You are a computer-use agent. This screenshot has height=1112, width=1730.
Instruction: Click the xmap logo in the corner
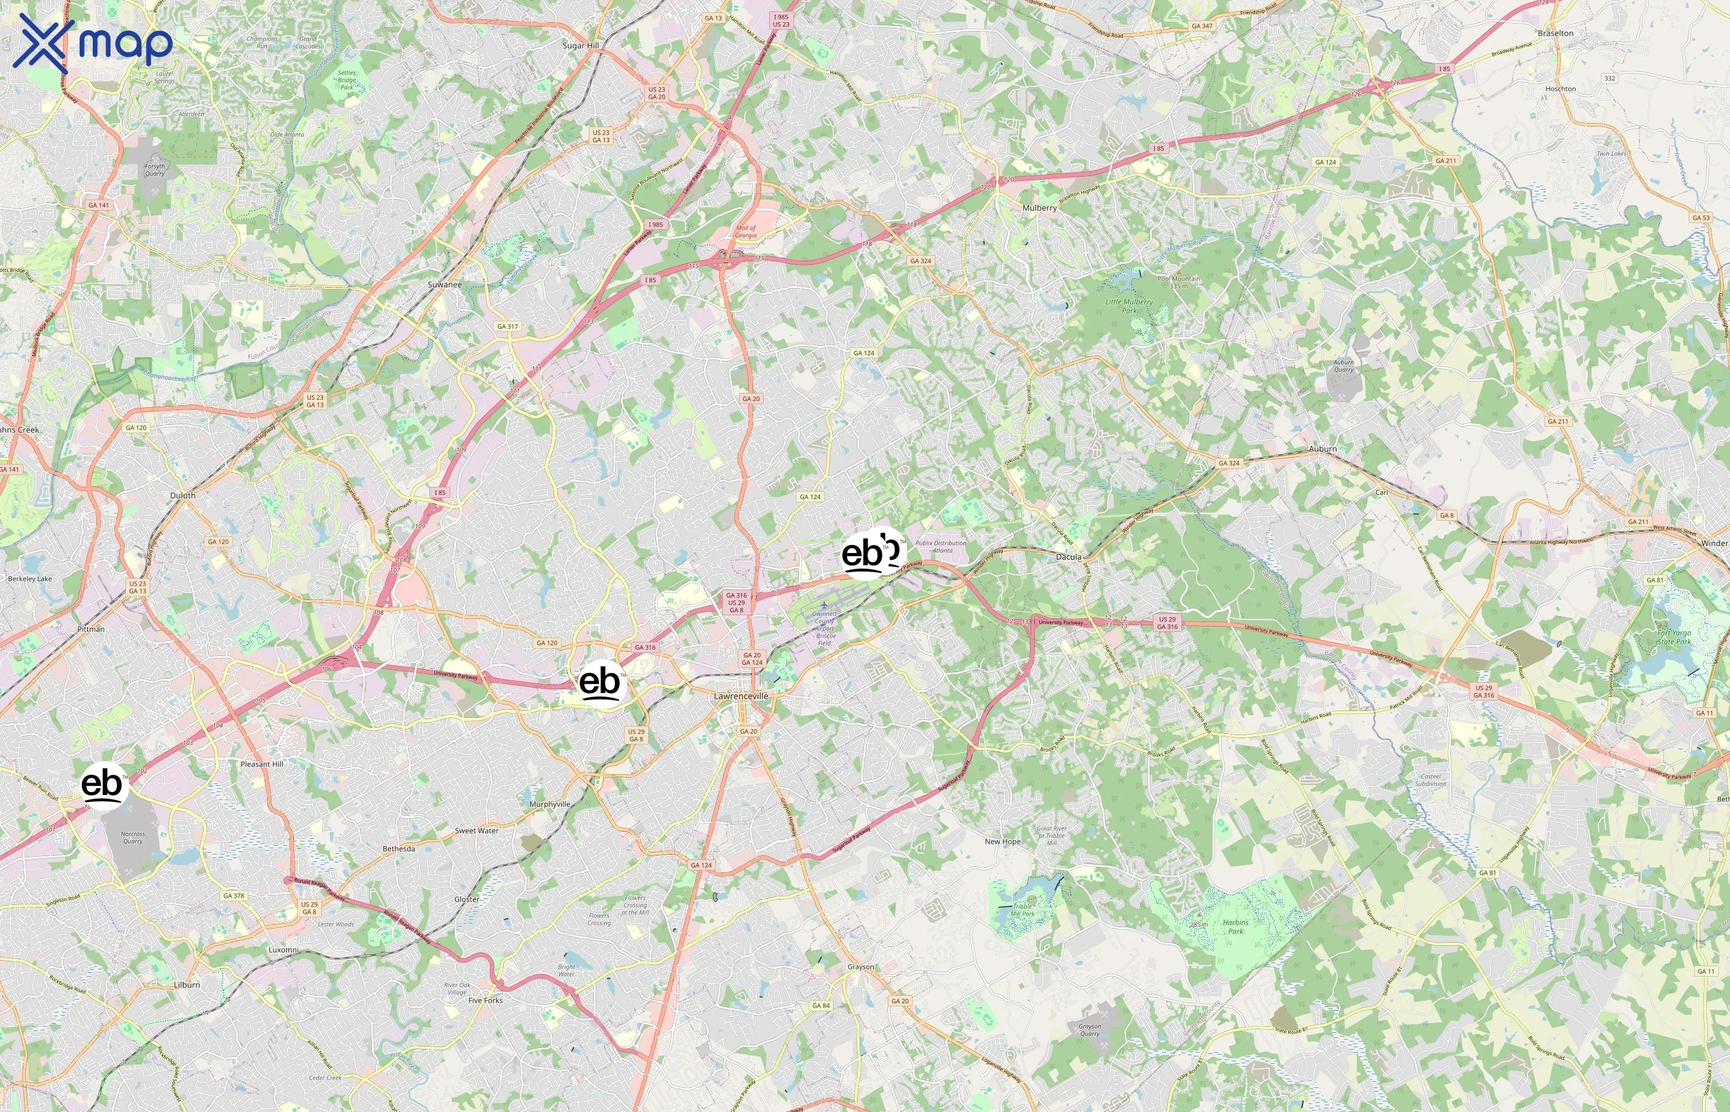tap(93, 43)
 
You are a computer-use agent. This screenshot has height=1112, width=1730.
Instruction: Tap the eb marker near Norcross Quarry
tap(103, 785)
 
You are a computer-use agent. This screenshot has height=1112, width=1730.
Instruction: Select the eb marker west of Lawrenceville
tap(600, 683)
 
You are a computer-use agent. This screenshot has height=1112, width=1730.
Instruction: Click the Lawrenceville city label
tap(741, 696)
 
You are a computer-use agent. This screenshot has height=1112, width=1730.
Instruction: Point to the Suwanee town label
tap(444, 285)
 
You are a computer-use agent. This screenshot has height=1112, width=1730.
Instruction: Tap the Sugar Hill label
tap(581, 46)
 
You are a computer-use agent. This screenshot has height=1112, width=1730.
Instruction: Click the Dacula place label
tap(1069, 557)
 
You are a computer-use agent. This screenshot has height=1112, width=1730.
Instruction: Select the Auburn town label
tap(1323, 449)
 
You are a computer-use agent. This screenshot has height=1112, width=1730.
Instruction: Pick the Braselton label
tap(1555, 33)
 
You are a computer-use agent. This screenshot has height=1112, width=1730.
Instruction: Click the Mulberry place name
tap(1039, 208)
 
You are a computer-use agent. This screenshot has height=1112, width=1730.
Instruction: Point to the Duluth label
tap(183, 495)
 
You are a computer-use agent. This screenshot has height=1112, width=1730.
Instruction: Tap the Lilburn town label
tap(187, 985)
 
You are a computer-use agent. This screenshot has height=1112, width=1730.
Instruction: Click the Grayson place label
tap(861, 967)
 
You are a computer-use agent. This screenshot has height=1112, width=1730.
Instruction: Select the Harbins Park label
tap(1235, 927)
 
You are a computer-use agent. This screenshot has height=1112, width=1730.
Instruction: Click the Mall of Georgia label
tap(746, 231)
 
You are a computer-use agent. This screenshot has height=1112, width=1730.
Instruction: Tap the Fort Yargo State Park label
tap(1674, 637)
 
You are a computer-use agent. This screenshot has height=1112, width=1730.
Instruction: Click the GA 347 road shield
tap(1202, 26)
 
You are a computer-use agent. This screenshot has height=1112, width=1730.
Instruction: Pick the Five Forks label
tap(485, 1000)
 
